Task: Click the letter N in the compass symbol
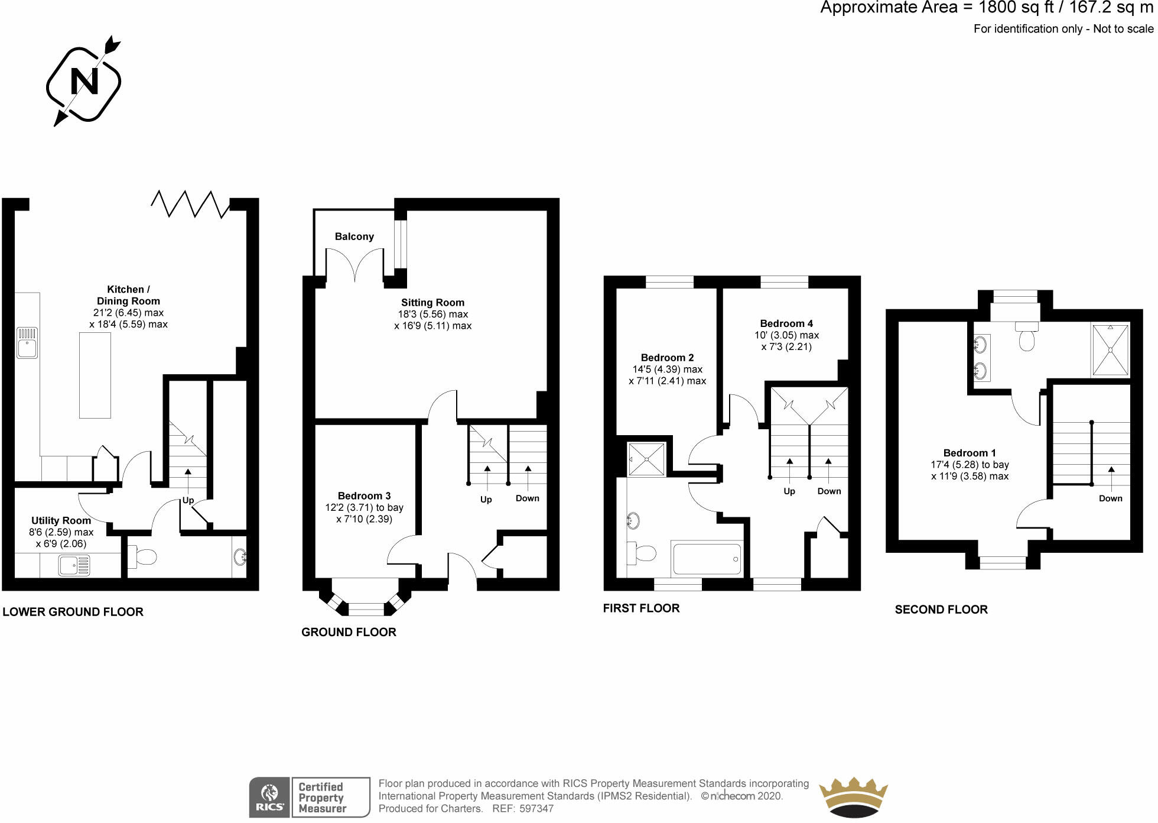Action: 84,82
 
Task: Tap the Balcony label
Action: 354,236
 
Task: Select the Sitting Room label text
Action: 432,303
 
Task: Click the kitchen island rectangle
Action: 95,375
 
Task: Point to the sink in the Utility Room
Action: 74,565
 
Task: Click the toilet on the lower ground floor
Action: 142,556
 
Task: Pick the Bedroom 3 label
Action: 364,496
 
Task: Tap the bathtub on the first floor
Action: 707,559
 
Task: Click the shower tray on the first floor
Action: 646,459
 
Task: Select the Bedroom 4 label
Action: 786,323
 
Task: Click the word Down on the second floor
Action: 1110,498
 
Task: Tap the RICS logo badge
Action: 269,798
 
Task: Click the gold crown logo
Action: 853,798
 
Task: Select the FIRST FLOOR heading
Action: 641,608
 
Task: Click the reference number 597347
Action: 536,808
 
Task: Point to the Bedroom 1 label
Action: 969,453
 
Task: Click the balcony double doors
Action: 354,264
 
